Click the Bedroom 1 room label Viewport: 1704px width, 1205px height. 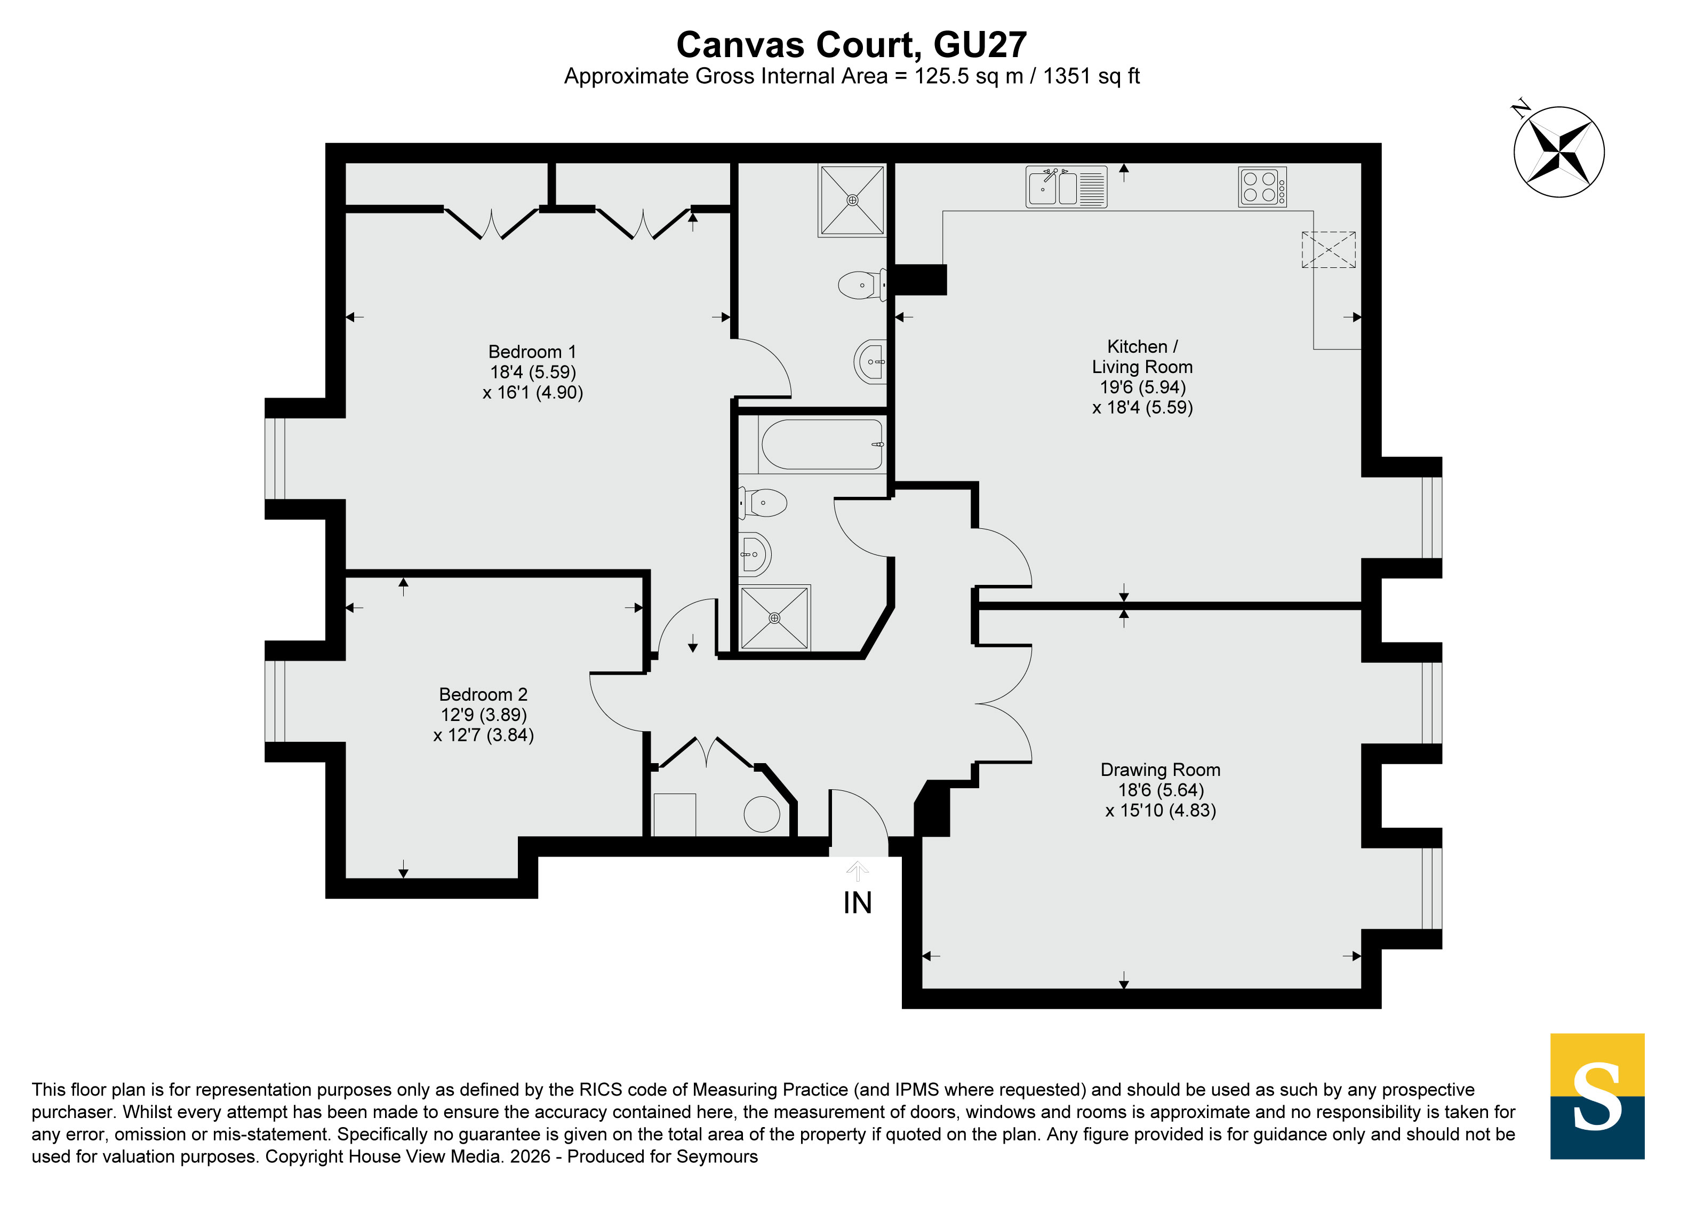coord(532,352)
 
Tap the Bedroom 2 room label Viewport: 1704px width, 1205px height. coord(483,694)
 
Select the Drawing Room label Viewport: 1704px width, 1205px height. coord(1160,770)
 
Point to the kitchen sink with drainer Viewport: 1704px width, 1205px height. coord(1067,186)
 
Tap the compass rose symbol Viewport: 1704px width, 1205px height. coord(1558,152)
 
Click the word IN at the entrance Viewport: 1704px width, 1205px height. coord(857,903)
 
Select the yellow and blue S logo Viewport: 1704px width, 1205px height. coord(1597,1096)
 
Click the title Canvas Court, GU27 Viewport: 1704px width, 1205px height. coord(851,44)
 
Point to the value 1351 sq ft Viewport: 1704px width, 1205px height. coord(1091,76)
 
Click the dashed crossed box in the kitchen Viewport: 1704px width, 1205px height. coord(1329,249)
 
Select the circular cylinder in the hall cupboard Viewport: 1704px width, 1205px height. coord(762,814)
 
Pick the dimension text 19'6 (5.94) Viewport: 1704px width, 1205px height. coord(1142,387)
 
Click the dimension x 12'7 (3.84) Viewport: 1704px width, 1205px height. coord(483,735)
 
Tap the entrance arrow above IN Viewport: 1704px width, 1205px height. coord(857,871)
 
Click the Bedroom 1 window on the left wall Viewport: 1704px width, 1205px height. coord(275,459)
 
